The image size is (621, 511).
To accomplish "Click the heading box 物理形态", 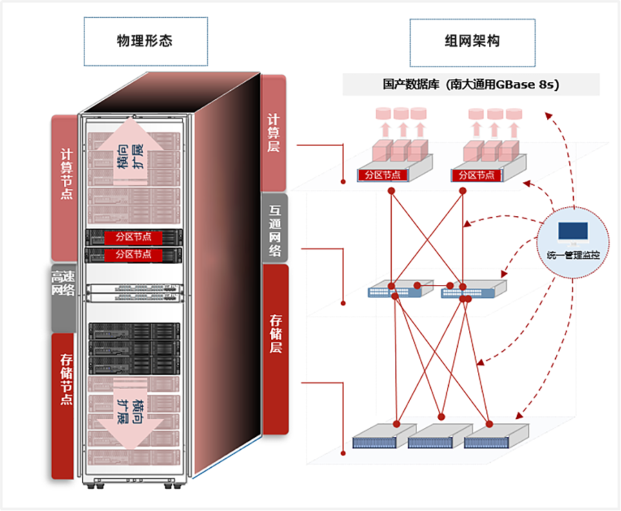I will pyautogui.click(x=145, y=41).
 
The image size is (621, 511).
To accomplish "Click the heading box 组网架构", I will pyautogui.click(x=472, y=42).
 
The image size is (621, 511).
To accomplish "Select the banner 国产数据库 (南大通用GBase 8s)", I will pyautogui.click(x=471, y=85).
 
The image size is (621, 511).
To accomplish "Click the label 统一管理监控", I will pyautogui.click(x=573, y=256).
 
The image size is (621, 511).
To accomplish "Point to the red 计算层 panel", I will pyautogui.click(x=274, y=131).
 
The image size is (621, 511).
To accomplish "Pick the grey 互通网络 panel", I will pyautogui.click(x=275, y=227).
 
